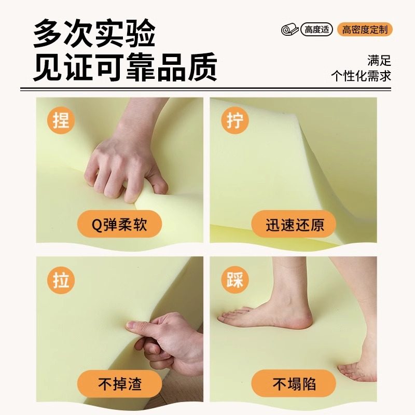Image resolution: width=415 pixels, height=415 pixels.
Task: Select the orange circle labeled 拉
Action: (61, 280)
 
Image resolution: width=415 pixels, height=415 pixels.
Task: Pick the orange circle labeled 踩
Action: (236, 280)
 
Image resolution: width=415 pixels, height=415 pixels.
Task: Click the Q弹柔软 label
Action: (119, 225)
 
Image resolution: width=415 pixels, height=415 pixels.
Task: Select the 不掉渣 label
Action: (119, 384)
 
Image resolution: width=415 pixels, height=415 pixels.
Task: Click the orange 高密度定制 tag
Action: (365, 30)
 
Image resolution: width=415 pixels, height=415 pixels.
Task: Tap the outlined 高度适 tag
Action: (316, 30)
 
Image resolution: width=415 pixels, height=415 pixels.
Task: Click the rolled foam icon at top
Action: (290, 30)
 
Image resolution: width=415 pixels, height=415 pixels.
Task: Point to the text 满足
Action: (379, 60)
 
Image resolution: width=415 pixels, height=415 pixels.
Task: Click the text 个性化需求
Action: (361, 76)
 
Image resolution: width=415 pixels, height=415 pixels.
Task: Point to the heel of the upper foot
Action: (301, 319)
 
